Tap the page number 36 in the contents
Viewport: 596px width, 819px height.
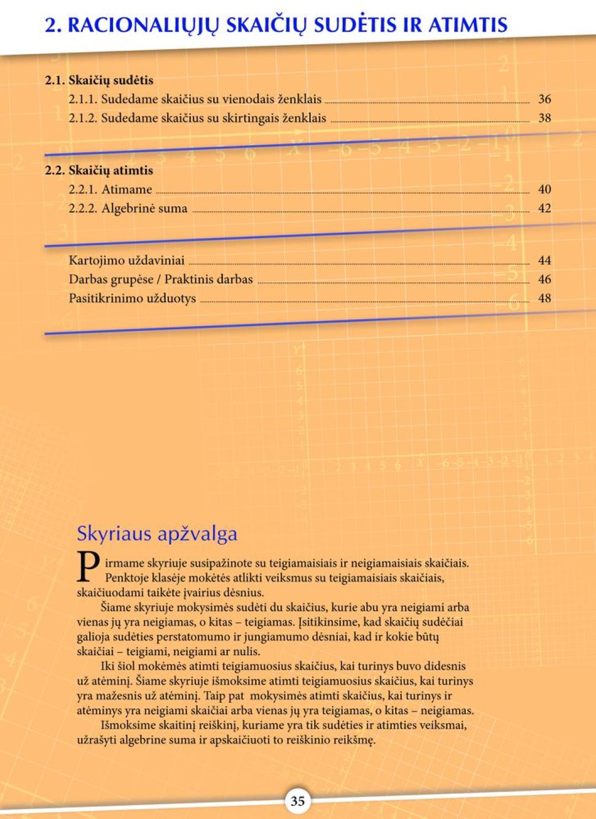(544, 99)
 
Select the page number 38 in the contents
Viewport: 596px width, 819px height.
(544, 118)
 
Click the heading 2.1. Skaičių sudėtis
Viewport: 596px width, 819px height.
(99, 81)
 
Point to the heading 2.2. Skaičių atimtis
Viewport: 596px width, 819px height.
(99, 170)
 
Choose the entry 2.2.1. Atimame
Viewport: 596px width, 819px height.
(110, 190)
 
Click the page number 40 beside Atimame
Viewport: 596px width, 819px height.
(544, 190)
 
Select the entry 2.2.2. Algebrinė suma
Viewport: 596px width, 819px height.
(128, 208)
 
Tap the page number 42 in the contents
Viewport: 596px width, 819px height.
(544, 208)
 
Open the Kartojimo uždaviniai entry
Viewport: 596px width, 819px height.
(126, 260)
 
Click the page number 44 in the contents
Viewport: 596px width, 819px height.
(544, 260)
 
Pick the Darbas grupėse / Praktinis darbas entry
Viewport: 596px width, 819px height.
(161, 280)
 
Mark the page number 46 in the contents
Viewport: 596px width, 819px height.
(544, 280)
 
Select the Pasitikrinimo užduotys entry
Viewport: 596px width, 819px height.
(132, 298)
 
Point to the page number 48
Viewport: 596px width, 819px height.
(544, 298)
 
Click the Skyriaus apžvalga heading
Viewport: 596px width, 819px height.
(157, 533)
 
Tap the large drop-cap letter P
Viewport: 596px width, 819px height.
(88, 566)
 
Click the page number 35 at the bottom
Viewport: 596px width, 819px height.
(297, 801)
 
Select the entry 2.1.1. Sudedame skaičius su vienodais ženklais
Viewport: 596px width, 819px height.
(195, 99)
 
